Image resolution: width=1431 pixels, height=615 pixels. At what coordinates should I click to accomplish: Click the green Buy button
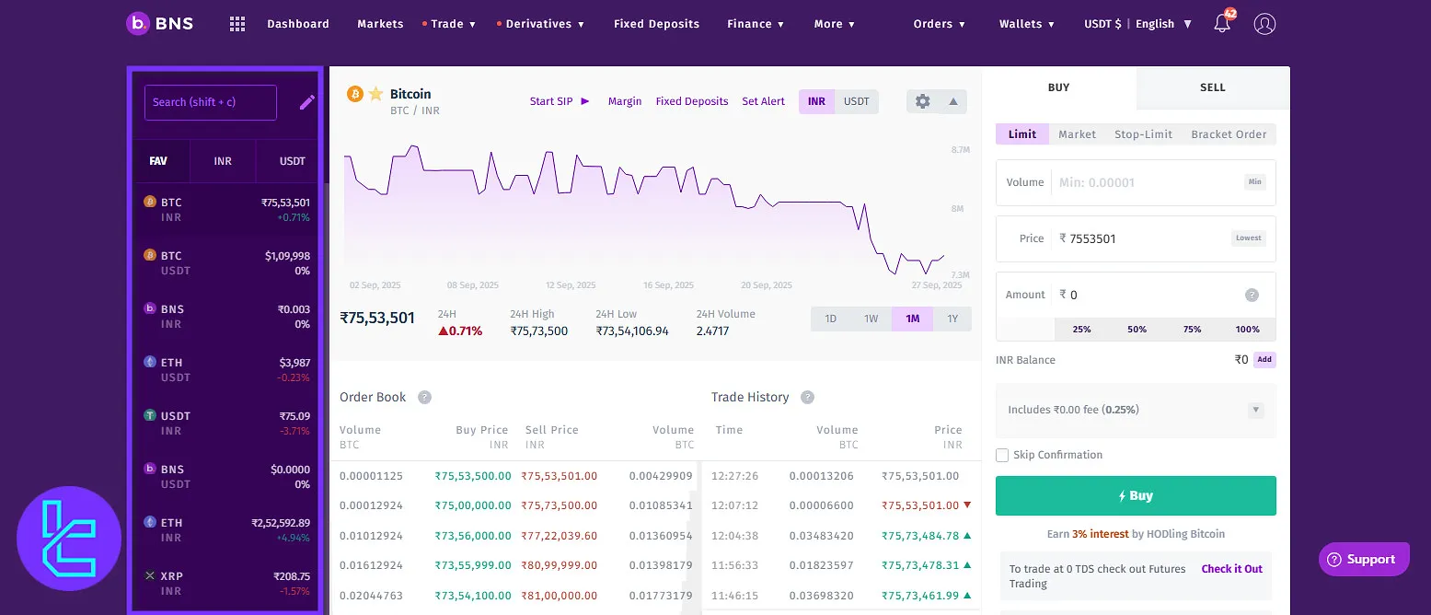pos(1135,495)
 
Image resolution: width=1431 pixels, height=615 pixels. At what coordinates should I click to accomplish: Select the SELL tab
pos(1212,87)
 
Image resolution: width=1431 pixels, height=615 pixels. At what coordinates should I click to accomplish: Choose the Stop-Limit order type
pos(1143,134)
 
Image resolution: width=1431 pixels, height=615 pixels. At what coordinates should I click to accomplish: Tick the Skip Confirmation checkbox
pos(1002,455)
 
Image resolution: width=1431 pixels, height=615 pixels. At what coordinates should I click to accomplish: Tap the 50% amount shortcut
pos(1137,330)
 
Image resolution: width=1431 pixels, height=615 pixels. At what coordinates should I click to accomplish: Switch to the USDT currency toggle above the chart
pos(856,101)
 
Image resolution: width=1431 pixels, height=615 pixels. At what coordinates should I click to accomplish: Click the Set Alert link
pos(763,101)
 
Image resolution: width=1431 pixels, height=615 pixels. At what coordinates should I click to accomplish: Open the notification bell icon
pos(1222,24)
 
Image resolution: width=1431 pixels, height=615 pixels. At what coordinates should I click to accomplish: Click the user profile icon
pos(1264,24)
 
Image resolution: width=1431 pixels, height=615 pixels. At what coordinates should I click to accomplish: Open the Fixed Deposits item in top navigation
pos(656,24)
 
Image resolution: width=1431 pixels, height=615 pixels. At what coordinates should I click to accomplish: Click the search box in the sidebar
pos(210,102)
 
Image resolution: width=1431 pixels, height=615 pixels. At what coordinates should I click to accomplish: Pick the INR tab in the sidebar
pos(223,161)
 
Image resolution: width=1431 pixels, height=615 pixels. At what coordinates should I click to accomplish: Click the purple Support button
pos(1363,559)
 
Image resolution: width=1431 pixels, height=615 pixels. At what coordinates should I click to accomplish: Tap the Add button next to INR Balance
pos(1264,360)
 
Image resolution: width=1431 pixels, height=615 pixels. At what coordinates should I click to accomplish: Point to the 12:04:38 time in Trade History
pos(734,535)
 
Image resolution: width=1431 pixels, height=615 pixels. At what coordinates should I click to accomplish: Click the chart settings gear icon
pos(923,101)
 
